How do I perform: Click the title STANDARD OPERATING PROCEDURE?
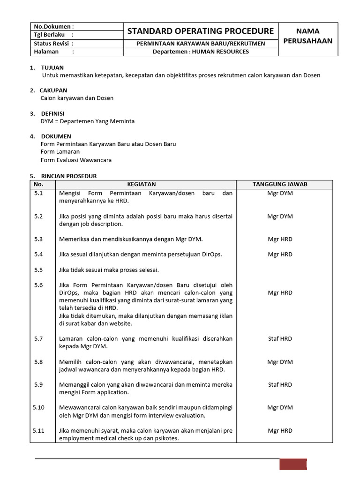point(201,31)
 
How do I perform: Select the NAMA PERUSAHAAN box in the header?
point(308,36)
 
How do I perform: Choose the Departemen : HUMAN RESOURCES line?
point(201,52)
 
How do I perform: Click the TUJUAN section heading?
point(52,67)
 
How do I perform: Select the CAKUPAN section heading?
point(54,90)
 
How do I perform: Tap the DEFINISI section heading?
point(53,113)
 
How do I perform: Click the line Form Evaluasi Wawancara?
point(76,160)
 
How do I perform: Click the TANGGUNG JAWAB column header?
point(280,184)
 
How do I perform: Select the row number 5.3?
point(38,239)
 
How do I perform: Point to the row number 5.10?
point(38,408)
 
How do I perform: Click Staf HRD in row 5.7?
point(280,338)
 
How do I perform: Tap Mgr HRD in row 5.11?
point(280,430)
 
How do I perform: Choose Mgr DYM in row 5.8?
point(280,362)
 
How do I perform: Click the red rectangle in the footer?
point(293,464)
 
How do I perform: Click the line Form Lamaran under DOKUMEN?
point(60,152)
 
